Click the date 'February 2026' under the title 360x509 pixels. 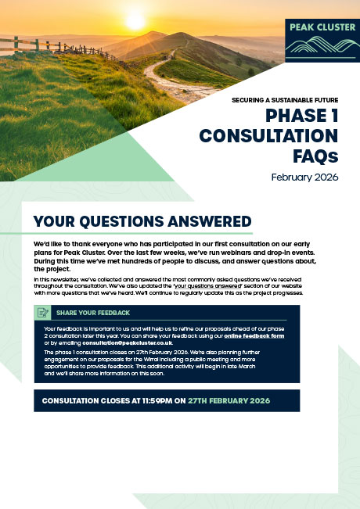(x=304, y=177)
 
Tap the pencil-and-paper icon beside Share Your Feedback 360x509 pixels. (x=44, y=313)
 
